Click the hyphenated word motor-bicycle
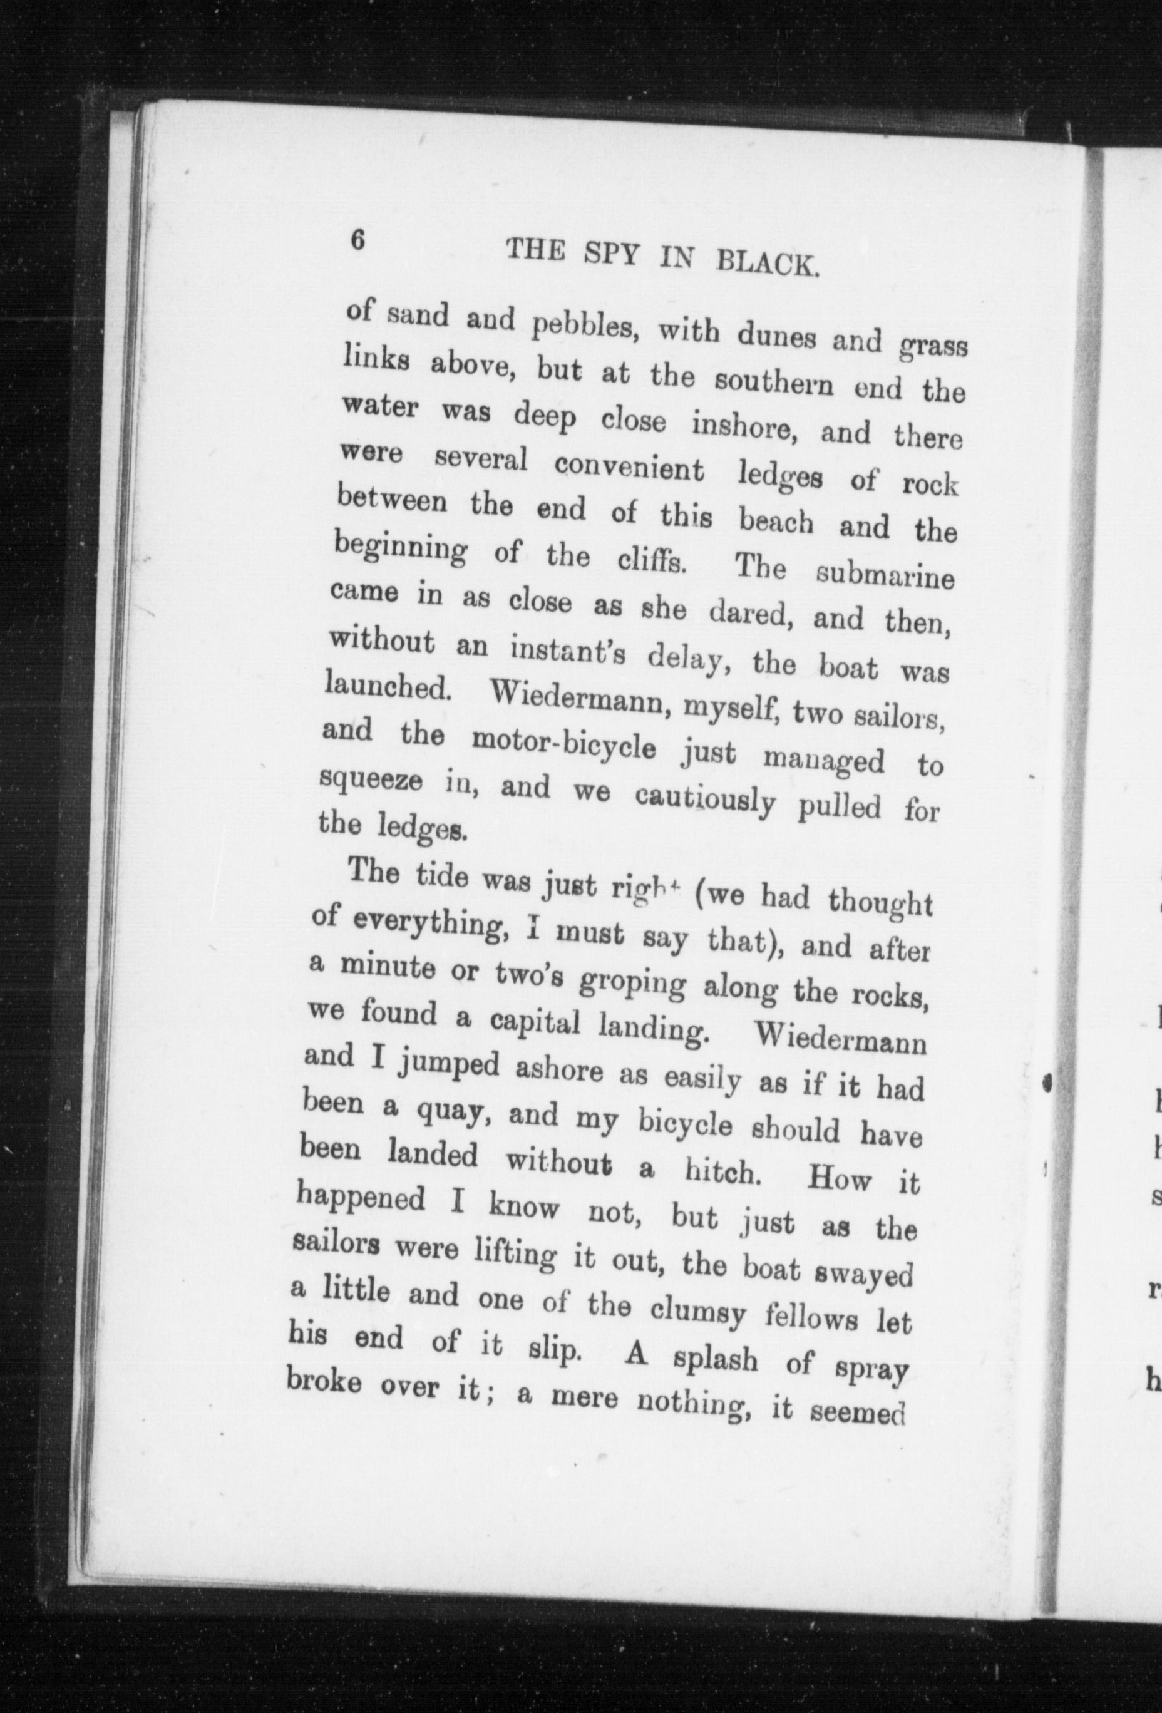coord(563,744)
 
